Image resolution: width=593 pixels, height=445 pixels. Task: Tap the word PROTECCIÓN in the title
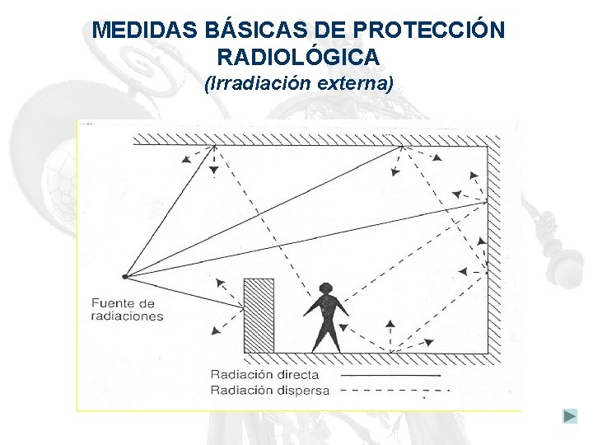[x=428, y=31]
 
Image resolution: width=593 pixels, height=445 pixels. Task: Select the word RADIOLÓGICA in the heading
[x=298, y=57]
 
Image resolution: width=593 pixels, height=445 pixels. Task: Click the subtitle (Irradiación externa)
[x=298, y=83]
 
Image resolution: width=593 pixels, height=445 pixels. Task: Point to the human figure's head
[x=326, y=289]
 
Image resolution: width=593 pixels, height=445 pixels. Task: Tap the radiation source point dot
[x=124, y=276]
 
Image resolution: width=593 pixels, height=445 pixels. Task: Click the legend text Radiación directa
[x=264, y=374]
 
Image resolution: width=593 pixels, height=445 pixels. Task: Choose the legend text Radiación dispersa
[x=269, y=390]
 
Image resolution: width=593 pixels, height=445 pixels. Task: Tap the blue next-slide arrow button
[x=570, y=416]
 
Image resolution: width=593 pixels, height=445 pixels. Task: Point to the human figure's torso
[x=326, y=311]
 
